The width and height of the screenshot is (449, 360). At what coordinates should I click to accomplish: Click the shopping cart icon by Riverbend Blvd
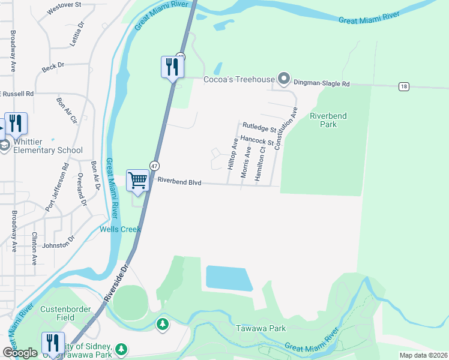click(137, 181)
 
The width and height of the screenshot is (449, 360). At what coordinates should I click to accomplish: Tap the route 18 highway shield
click(404, 87)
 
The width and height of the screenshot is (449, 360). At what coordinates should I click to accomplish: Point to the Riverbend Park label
click(328, 120)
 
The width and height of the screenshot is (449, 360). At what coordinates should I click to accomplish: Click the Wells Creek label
click(120, 229)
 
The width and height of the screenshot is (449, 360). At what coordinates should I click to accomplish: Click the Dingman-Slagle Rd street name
click(322, 85)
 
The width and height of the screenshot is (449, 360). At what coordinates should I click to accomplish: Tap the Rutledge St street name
click(259, 127)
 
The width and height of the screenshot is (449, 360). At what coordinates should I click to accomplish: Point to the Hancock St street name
click(256, 141)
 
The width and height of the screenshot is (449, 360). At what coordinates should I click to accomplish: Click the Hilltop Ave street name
click(232, 153)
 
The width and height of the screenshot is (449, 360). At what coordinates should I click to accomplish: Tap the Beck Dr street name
click(53, 68)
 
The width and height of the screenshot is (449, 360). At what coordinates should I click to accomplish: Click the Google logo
click(20, 353)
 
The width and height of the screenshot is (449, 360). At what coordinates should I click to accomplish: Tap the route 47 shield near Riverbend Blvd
click(155, 166)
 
